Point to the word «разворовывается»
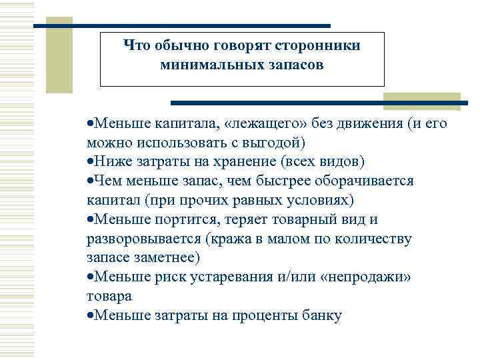click(145, 239)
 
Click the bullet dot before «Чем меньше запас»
click(90, 181)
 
